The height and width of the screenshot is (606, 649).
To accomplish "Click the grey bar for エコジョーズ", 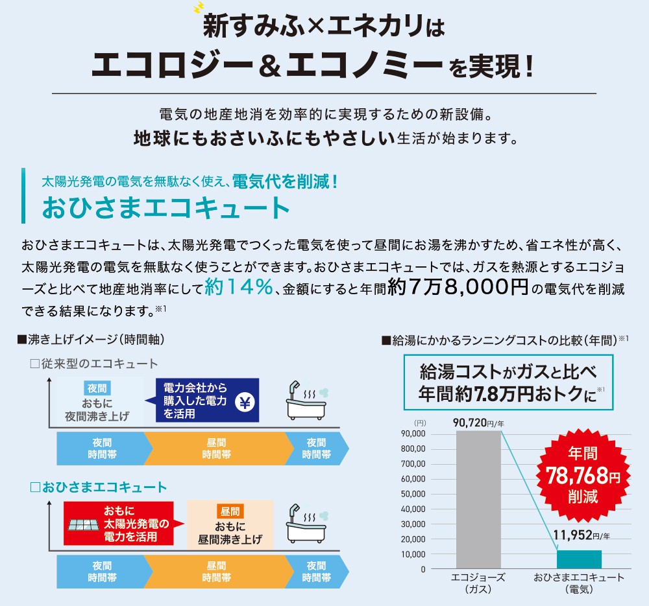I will (x=478, y=500).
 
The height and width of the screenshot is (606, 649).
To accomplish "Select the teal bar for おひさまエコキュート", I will (x=579, y=559).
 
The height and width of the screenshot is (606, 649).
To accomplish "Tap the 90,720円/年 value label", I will (x=478, y=423).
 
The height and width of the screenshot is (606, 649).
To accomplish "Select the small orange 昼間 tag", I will (x=230, y=511).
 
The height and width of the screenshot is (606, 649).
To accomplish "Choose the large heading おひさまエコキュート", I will (x=165, y=207).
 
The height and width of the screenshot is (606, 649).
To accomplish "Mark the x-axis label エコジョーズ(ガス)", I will (x=478, y=583).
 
